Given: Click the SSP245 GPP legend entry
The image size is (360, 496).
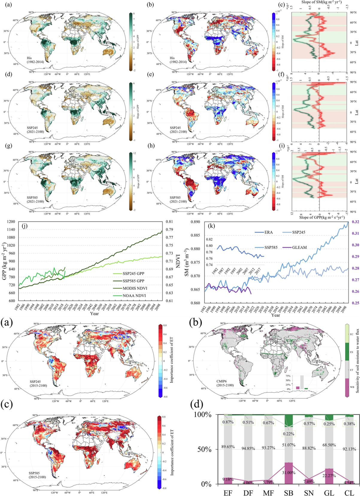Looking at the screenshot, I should [133, 273].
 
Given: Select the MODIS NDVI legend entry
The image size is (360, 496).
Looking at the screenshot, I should [135, 288].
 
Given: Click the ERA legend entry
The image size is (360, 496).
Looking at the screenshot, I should [268, 232].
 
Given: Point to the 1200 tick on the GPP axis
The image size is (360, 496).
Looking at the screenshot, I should [11, 222].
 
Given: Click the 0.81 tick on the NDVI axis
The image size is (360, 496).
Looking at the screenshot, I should [169, 222].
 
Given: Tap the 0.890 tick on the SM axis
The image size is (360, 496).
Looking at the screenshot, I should [195, 222].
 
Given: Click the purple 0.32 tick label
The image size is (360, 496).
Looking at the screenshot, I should [355, 222].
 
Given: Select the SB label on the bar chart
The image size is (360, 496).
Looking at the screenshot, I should [288, 493].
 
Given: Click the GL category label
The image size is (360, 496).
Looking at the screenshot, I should [329, 493].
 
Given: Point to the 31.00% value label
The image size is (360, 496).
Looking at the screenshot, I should [288, 473].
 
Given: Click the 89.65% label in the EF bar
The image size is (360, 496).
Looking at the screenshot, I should [228, 447].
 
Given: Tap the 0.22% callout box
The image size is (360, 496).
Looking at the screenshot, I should [288, 434].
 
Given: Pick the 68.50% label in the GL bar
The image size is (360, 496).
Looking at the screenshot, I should [329, 445].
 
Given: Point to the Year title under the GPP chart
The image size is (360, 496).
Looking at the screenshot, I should [95, 313].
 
